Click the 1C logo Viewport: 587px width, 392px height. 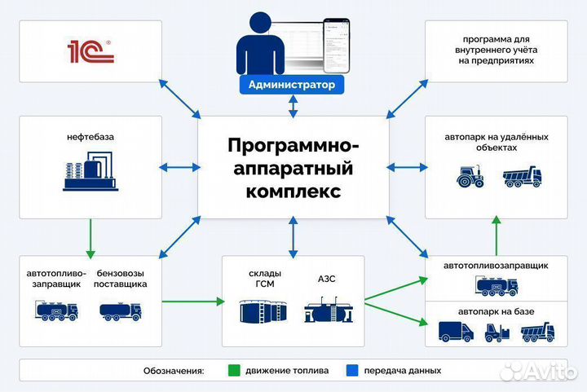point(90,52)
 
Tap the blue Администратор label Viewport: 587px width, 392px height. point(292,84)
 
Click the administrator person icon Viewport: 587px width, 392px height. point(260,47)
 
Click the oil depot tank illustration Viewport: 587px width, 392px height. point(90,174)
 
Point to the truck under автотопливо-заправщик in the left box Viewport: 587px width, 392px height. point(55,311)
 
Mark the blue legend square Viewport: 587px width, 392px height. point(353,370)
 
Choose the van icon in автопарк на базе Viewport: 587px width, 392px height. point(457,332)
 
